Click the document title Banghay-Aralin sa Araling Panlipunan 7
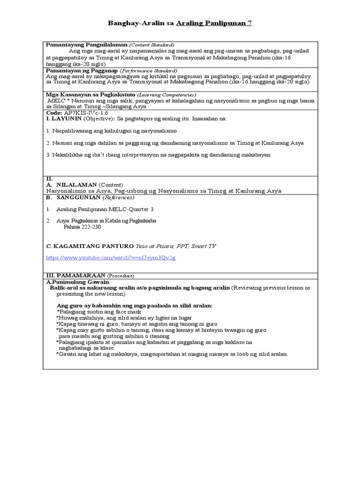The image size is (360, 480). pos(180,22)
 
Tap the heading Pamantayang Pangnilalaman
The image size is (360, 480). pos(86,44)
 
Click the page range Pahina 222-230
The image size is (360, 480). pos(82,227)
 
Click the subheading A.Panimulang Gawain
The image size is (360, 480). pos(77,282)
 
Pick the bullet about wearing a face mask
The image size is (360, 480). pos(99,312)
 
